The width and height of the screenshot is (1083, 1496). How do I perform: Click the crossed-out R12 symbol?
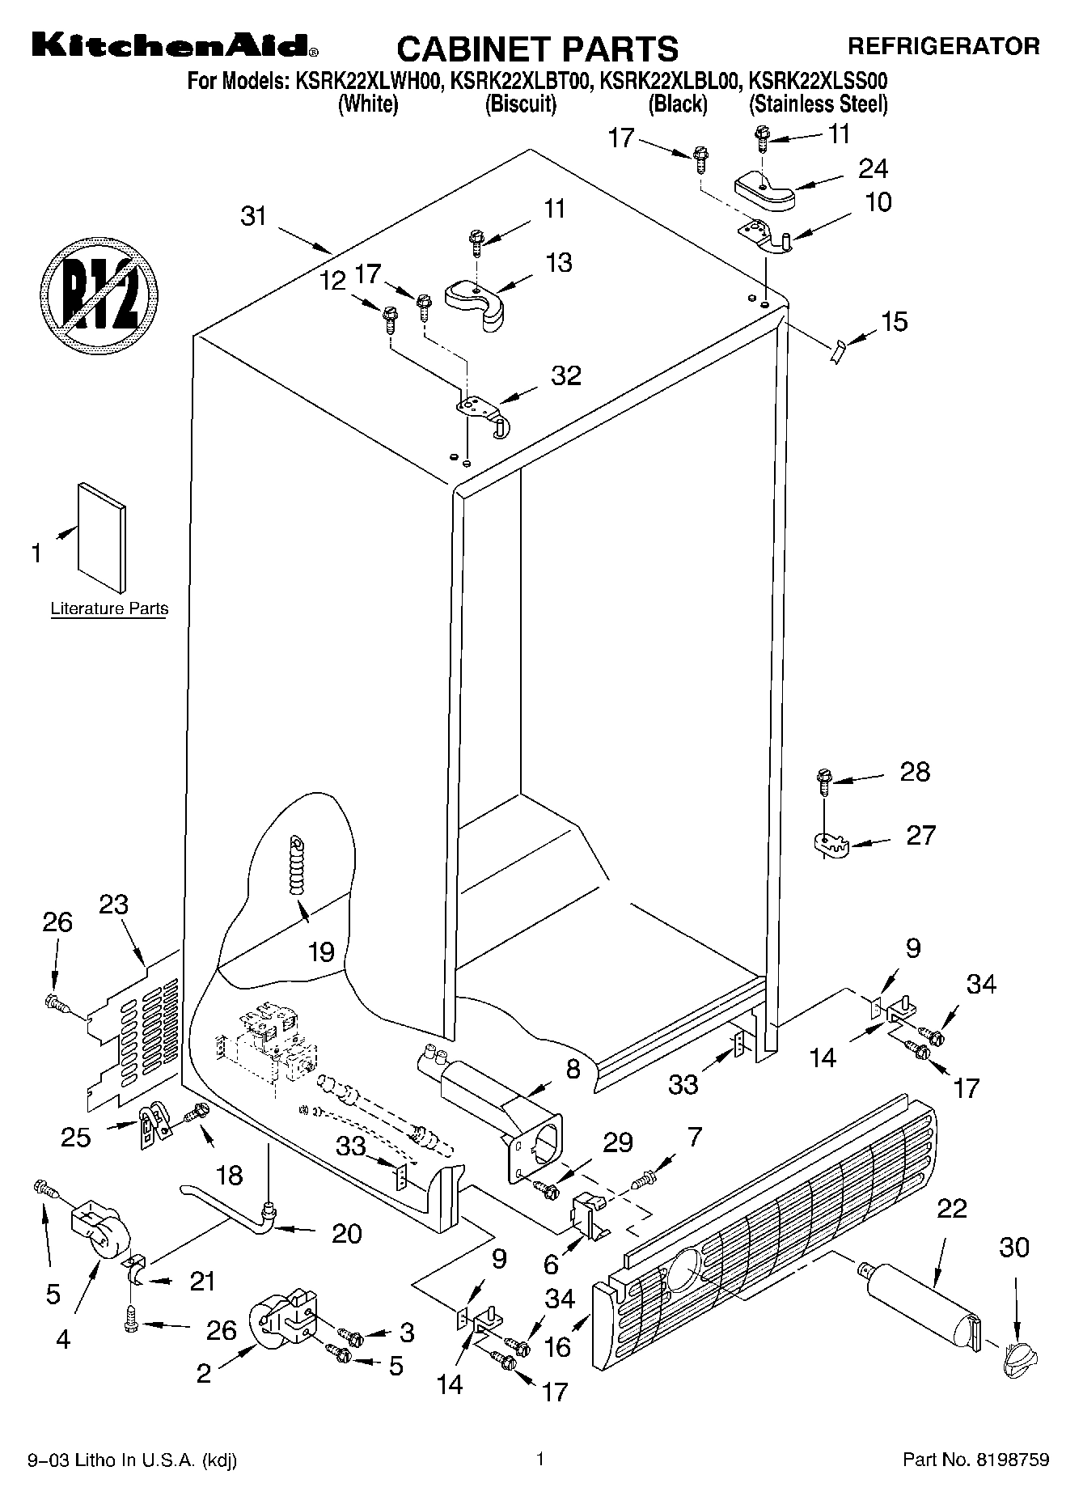99,290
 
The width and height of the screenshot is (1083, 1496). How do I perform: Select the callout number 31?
253,217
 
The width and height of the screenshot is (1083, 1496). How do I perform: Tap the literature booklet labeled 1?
103,538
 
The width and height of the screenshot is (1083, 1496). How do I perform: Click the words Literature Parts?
109,608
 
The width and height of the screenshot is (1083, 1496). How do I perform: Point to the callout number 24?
873,168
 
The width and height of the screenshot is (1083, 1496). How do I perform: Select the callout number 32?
566,375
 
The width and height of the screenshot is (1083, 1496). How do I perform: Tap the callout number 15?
894,321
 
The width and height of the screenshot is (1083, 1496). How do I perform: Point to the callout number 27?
920,834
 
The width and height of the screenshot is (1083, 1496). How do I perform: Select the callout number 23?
113,904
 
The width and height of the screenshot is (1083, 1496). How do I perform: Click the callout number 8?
573,1069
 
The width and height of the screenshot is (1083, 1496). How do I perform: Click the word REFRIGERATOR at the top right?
943,46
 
